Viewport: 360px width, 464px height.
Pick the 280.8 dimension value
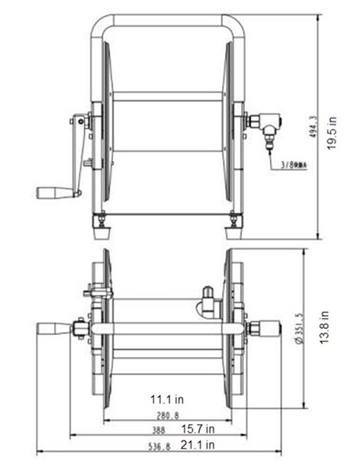coord(169,415)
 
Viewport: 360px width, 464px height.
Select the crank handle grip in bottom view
coord(53,330)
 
